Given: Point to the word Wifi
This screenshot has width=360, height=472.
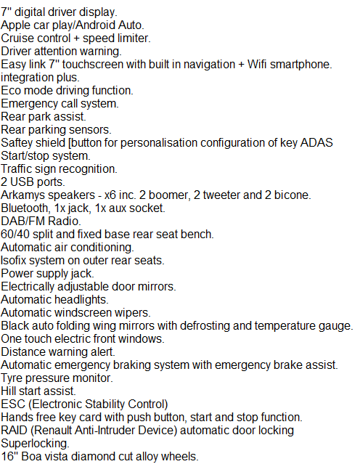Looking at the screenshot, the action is (x=257, y=65).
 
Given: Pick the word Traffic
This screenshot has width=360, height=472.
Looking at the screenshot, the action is (x=16, y=169).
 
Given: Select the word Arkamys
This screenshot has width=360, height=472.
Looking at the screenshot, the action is (x=22, y=195).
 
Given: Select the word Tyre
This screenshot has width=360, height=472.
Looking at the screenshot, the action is (x=11, y=378).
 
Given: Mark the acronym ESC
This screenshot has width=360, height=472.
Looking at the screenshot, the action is (x=13, y=404).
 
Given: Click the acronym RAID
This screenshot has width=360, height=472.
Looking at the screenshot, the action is (x=14, y=430).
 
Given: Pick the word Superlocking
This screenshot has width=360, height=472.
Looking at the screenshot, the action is (x=35, y=444).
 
